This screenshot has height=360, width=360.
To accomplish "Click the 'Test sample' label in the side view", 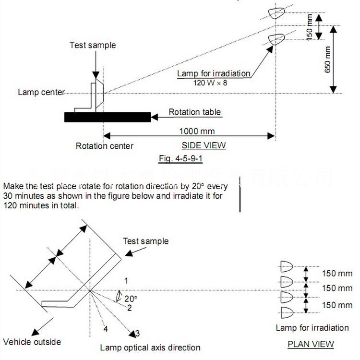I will coord(93,45).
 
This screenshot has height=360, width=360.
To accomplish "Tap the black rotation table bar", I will coord(108,117).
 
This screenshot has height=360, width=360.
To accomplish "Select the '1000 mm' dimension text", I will coord(197,131).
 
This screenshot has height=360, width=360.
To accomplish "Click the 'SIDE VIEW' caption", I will coord(203,145).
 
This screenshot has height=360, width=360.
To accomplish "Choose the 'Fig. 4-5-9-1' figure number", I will coord(184,157).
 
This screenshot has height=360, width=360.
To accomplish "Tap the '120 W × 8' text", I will coord(209,82).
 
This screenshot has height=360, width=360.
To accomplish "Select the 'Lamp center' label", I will coord(41,92).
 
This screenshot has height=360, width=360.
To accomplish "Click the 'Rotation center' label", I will coord(105,146).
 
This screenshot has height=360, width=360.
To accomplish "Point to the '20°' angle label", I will coord(131,299).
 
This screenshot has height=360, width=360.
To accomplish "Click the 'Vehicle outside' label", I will coord(32,342).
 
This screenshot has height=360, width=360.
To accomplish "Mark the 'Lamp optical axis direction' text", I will coord(150,348).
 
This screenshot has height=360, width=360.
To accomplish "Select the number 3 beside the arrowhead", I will coord(137,333).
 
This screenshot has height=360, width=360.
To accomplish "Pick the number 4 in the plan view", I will coord(105,329).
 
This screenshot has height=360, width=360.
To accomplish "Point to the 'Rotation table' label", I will coord(194,112).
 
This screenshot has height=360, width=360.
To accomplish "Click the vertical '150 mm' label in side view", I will coord(310,25).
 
